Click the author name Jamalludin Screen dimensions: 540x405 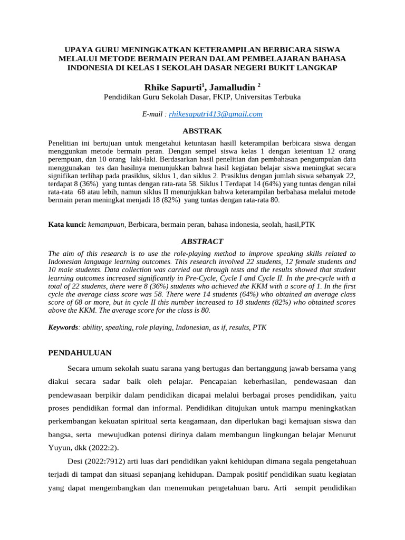pos(232,86)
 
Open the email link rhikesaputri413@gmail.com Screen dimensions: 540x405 pos(216,114)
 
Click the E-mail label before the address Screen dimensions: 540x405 pos(154,114)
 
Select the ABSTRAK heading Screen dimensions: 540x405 pos(202,131)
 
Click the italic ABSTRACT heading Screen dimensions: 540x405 pos(202,241)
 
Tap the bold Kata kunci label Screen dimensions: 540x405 pos(67,224)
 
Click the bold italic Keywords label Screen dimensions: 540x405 pos(63,327)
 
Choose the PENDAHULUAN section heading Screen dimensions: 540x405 pos(80,352)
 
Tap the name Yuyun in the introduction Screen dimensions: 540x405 pos(59,448)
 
